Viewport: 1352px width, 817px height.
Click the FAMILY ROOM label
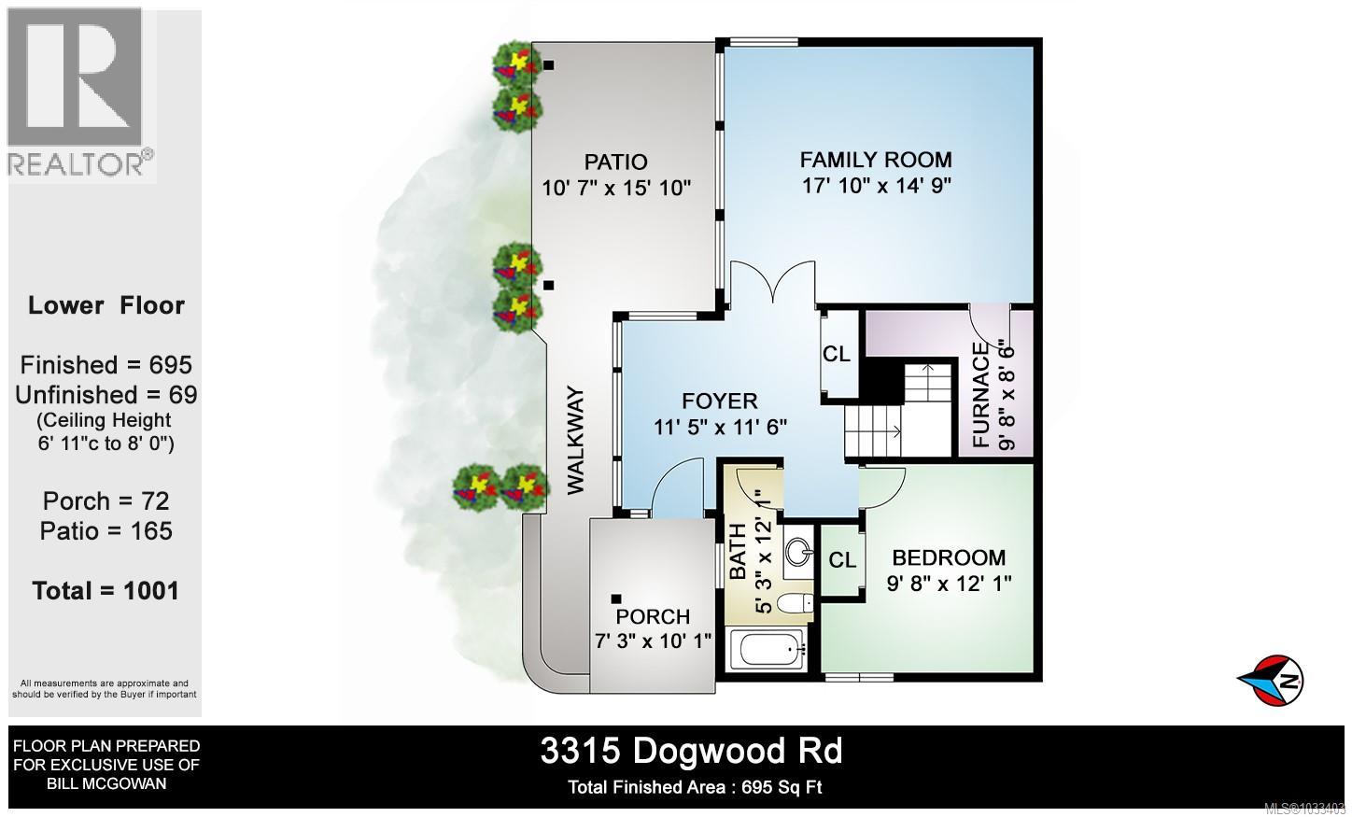(x=875, y=160)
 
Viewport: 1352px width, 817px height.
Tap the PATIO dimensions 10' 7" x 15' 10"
(x=616, y=188)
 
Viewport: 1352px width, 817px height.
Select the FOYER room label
(x=719, y=401)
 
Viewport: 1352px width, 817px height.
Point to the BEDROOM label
(x=949, y=558)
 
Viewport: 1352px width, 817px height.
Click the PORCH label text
(x=653, y=617)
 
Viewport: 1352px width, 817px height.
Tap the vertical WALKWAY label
(x=575, y=440)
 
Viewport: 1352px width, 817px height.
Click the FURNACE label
(x=980, y=395)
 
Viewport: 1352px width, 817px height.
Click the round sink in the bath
(x=796, y=551)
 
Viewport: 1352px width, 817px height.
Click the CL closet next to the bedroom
(x=842, y=560)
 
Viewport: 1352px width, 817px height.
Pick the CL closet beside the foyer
(x=836, y=355)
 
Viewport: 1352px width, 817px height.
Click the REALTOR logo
(x=80, y=93)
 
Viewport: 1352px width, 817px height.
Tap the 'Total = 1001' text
(x=106, y=591)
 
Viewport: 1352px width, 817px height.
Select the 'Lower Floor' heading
(x=106, y=305)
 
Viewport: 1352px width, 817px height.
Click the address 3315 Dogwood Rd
(x=691, y=752)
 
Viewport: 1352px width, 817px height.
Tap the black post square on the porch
(x=616, y=599)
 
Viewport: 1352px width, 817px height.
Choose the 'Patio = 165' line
(x=106, y=531)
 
